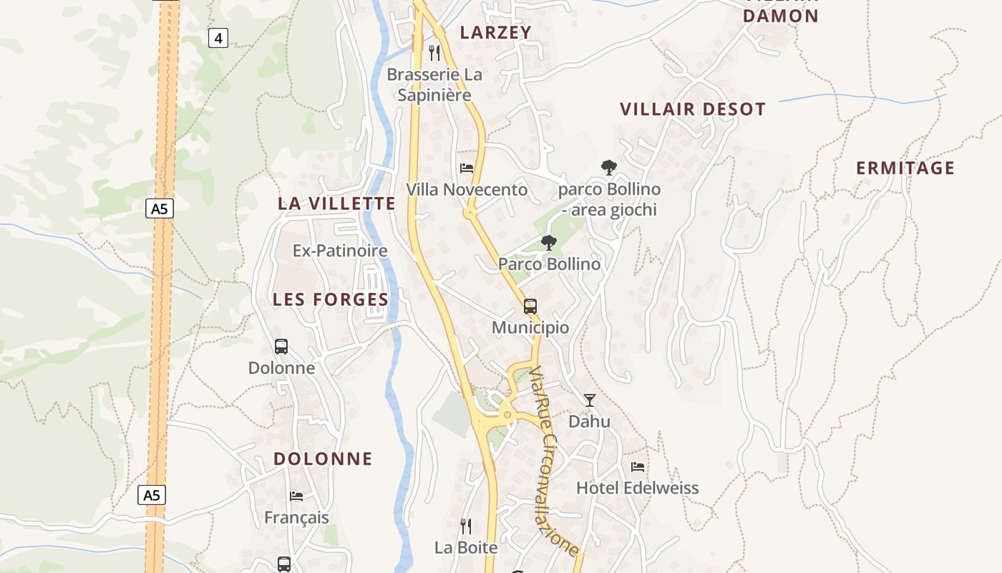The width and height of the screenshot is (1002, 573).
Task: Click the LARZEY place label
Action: [495, 32]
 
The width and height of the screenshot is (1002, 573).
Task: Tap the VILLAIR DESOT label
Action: [692, 110]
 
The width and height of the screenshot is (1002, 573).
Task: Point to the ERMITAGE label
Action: [905, 168]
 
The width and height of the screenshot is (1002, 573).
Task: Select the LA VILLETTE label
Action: [336, 203]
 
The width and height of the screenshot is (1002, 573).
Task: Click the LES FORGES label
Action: [331, 299]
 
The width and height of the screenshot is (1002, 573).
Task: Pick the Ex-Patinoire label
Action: [340, 251]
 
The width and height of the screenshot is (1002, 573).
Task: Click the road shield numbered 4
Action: [218, 38]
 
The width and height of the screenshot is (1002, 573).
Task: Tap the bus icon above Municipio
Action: [530, 307]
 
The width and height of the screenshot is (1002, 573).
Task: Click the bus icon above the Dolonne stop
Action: [281, 347]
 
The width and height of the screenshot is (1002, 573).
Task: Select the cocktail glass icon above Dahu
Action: [589, 400]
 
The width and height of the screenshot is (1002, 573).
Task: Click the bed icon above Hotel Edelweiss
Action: [638, 467]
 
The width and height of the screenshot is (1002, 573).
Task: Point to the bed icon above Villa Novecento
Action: [467, 168]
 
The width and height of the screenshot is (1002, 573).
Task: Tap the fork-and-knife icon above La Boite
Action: [466, 526]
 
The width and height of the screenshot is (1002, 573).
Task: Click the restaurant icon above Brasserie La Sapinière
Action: [434, 52]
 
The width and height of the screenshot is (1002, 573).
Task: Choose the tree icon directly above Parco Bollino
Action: [548, 243]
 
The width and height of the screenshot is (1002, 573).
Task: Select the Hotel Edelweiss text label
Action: [638, 488]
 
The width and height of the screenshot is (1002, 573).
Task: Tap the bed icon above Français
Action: [296, 496]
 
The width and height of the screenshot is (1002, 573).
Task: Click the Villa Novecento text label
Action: [467, 190]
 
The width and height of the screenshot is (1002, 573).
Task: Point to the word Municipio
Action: [530, 328]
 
